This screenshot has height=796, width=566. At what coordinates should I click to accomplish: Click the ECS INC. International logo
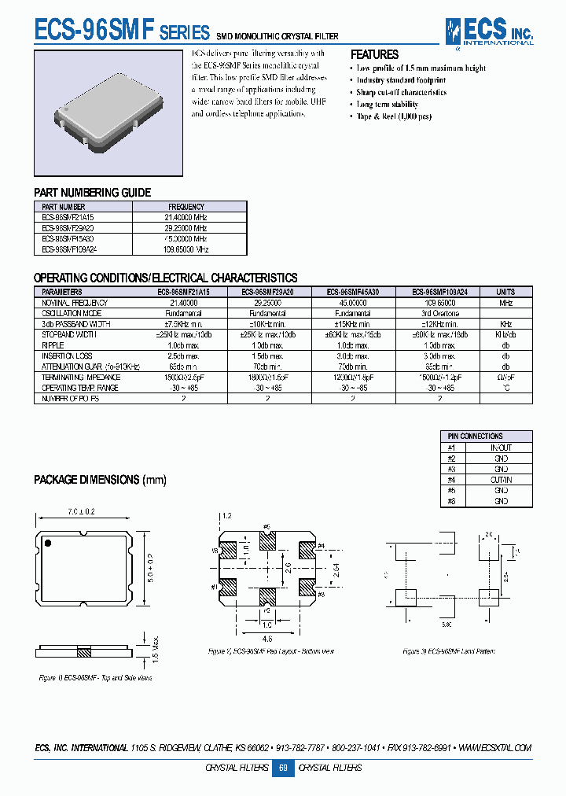coord(488,32)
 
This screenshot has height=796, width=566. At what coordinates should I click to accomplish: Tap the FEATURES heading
coord(374,55)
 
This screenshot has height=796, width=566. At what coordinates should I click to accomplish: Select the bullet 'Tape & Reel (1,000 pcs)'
coord(394,116)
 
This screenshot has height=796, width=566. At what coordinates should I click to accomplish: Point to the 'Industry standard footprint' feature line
coord(401,80)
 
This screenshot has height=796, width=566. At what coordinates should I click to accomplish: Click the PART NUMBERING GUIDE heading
coord(92,193)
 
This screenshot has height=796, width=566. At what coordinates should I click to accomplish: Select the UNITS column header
coord(505,291)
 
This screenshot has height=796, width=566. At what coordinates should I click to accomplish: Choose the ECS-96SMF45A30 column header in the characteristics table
coord(352,291)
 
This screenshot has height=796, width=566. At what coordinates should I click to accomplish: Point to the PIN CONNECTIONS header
coord(475,437)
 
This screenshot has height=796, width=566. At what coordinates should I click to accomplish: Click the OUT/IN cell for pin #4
coord(500,480)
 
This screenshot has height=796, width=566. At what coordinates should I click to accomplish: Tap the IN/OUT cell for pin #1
coord(500,448)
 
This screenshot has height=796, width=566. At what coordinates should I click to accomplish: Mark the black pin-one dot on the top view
coord(48,543)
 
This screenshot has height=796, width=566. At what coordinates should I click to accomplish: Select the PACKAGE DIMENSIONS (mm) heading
coord(100,480)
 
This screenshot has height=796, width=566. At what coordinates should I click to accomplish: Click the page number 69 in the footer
coord(283,768)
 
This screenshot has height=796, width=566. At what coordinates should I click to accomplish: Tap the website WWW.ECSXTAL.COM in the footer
coord(494,748)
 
